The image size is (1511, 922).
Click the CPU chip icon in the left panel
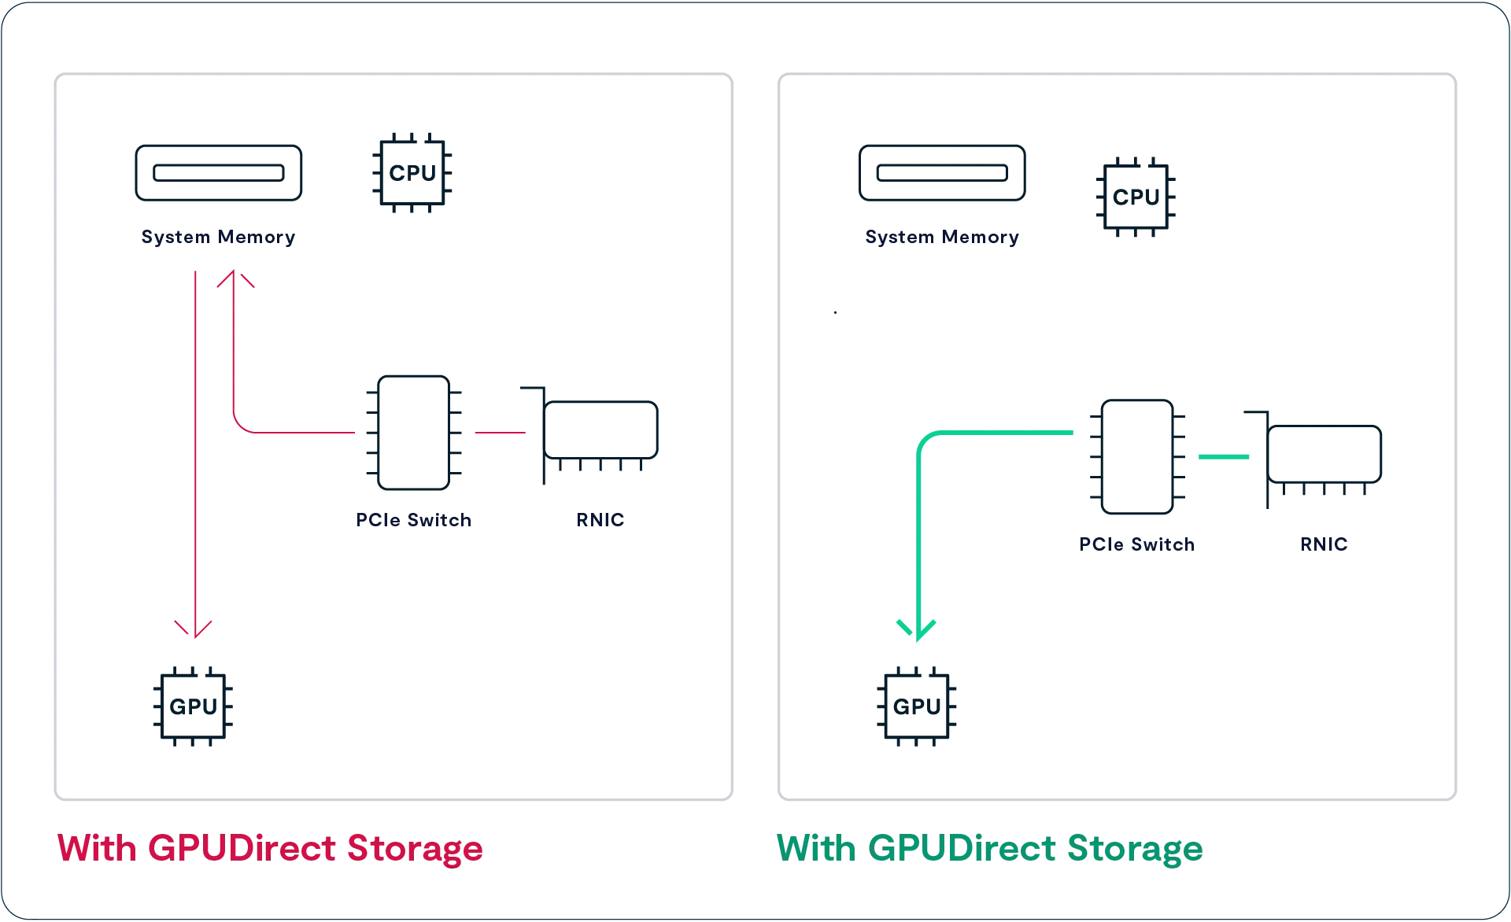point(412,173)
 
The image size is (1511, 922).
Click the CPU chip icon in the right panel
point(1136,197)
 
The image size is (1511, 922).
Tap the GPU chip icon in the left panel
point(193,706)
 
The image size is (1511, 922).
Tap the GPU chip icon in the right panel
point(916,706)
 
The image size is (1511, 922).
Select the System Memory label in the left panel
point(218,237)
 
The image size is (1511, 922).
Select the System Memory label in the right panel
point(942,237)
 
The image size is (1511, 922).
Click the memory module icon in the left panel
point(219,173)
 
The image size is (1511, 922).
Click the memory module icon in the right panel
point(942,173)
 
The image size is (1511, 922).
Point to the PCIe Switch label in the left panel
point(413,520)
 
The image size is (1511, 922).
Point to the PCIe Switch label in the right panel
point(1136,544)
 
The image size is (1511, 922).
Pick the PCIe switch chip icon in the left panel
point(414,433)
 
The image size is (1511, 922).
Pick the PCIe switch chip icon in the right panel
point(1137,457)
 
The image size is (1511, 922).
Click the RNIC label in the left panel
point(600,520)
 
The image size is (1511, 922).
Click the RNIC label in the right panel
point(1324,544)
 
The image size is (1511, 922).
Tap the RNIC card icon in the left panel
point(600,431)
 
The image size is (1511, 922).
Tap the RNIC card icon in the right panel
point(1324,455)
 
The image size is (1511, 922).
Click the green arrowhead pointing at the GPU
point(916,629)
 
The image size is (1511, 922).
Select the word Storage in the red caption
point(415,849)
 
